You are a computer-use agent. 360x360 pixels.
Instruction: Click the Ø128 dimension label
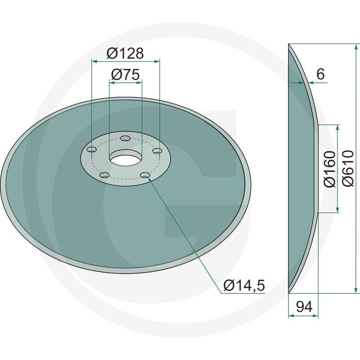[x=125, y=53]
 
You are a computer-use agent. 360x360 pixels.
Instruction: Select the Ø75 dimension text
[x=126, y=75]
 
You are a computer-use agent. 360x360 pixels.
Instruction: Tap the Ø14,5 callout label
[x=244, y=285]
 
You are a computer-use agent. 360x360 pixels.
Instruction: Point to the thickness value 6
[x=320, y=74]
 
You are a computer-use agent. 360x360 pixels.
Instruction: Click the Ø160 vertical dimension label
[x=329, y=169]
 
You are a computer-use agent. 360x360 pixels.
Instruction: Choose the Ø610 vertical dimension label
[x=347, y=168]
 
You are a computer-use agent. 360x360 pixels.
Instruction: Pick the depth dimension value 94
[x=304, y=306]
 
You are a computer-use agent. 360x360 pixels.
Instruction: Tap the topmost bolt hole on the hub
[x=126, y=139]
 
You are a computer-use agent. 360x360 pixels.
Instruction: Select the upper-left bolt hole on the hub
[x=92, y=150]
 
